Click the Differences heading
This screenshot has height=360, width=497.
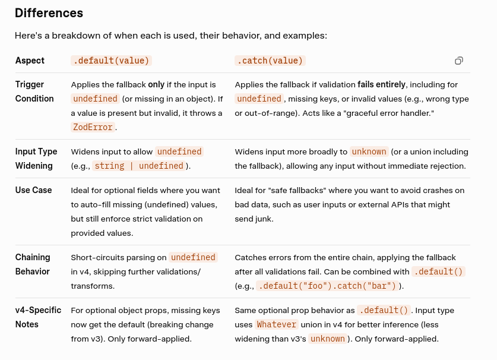click(49, 13)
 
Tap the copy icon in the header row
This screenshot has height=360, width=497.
click(459, 61)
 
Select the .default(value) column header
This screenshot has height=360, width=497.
click(111, 61)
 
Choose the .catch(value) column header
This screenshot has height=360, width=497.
click(270, 61)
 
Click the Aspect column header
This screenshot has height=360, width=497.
click(30, 61)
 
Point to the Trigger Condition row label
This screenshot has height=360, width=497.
click(34, 91)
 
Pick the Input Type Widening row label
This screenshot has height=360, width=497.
click(36, 159)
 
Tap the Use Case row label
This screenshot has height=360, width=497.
click(33, 190)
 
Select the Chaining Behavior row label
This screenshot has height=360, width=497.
click(33, 264)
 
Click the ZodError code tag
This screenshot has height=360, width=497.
click(93, 127)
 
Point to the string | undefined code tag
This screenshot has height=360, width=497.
click(139, 166)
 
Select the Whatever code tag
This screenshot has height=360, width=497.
click(276, 324)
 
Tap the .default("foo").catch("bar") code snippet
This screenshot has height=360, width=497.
click(327, 286)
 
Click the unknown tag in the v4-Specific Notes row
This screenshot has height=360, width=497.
click(327, 339)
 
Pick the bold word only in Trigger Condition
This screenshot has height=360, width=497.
click(156, 84)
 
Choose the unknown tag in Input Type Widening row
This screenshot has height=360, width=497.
click(369, 151)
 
